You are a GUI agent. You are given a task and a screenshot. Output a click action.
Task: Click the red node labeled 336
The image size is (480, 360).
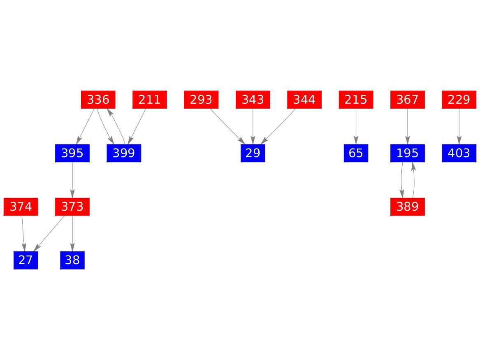click(98, 100)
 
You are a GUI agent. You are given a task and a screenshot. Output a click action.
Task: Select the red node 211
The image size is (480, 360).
click(150, 100)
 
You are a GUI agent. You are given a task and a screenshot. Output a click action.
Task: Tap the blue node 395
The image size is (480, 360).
click(72, 153)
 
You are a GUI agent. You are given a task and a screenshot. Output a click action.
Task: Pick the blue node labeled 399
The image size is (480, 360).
click(124, 153)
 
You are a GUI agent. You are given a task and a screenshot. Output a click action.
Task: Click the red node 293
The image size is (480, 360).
click(201, 100)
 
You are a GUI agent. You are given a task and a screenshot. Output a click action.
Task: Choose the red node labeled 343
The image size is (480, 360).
click(253, 100)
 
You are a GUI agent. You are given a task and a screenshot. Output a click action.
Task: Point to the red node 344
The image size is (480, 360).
click(304, 100)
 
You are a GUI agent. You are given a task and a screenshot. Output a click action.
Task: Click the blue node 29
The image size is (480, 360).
click(253, 153)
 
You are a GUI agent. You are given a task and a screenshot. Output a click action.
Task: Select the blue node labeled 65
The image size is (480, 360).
click(356, 153)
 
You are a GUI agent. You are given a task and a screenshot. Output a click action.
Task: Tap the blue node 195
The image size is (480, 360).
click(408, 153)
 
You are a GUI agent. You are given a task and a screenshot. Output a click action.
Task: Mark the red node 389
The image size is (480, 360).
click(408, 207)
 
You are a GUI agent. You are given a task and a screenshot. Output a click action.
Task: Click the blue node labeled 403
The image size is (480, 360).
click(459, 153)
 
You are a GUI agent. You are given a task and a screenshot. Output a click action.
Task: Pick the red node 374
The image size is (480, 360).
click(21, 207)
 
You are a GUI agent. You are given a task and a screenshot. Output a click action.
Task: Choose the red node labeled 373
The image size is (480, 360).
click(72, 207)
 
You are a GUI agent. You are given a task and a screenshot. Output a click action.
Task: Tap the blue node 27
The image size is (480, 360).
click(26, 260)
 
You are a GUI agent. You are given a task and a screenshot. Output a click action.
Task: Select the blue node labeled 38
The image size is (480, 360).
click(72, 260)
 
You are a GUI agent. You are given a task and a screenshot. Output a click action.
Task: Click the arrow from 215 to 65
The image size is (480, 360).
click(356, 126)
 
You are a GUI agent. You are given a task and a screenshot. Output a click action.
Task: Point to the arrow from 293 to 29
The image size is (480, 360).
click(227, 126)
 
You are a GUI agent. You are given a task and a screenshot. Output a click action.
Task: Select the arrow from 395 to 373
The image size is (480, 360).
click(72, 180)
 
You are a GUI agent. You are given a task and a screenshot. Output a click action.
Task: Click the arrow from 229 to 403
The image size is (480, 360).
click(459, 126)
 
